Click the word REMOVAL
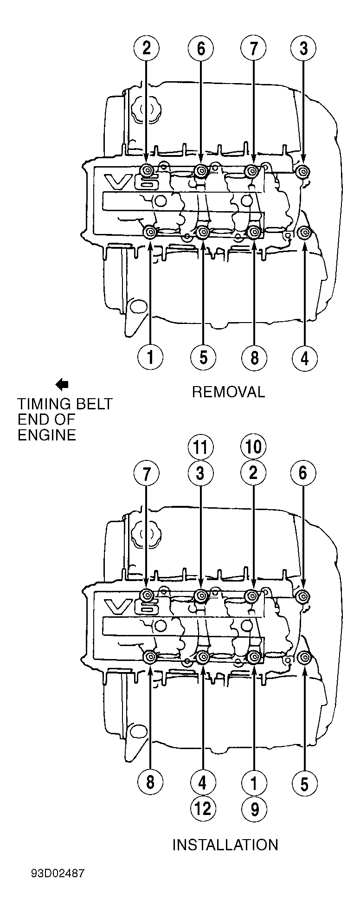[x=228, y=392]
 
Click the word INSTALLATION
[x=225, y=844]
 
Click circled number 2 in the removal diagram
[x=147, y=49]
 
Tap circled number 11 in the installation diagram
[x=200, y=447]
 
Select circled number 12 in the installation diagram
[x=203, y=809]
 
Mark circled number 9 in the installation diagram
[x=254, y=809]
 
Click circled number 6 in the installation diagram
[x=303, y=474]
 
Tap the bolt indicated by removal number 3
[x=303, y=172]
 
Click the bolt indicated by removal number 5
[x=203, y=232]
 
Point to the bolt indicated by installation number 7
[x=147, y=595]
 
